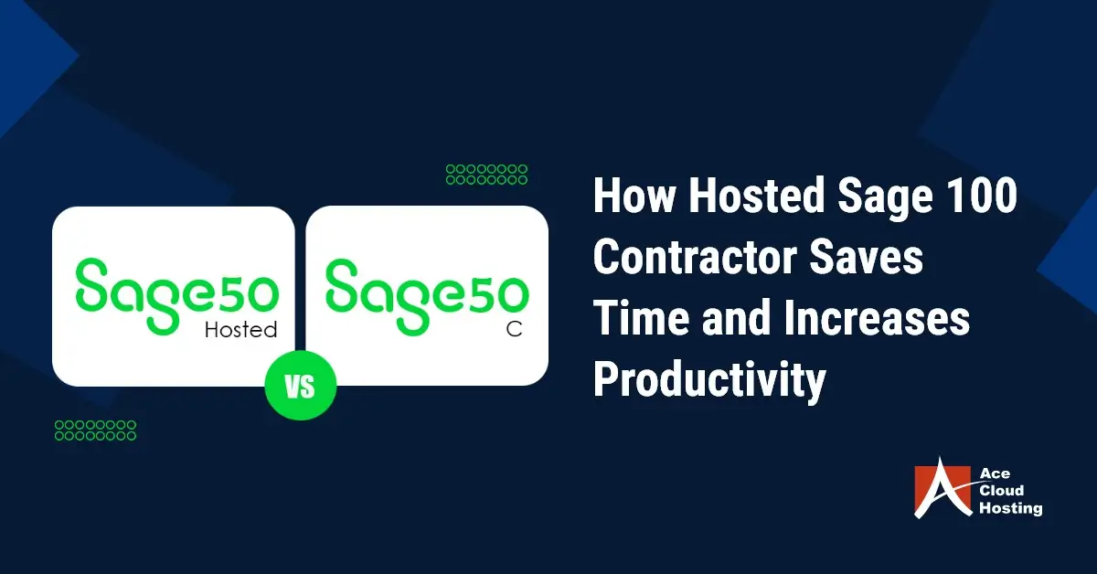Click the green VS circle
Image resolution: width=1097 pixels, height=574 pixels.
pos(300,386)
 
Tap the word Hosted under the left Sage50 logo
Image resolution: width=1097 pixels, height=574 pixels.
pos(240,330)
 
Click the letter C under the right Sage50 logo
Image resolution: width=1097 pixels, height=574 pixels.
pos(514,329)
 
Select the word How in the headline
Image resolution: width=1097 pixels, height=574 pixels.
pos(634,196)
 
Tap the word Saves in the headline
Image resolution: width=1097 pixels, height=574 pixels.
pos(866,257)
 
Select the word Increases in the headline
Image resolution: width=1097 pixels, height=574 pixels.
pos(877,318)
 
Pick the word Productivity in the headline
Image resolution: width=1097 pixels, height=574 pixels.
pos(709,381)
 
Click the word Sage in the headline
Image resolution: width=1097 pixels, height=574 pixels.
pos(886,197)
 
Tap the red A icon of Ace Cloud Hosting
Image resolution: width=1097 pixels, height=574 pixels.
pos(942,488)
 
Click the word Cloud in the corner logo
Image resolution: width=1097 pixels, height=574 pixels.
pos(1002,490)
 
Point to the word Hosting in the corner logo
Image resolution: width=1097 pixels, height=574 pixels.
pos(1011,508)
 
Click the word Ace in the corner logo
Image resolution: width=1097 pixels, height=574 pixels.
pos(995,473)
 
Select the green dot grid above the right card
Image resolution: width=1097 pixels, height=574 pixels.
pos(486,175)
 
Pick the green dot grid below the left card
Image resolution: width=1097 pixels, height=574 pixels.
pos(95,430)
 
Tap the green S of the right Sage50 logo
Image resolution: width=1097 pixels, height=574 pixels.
pos(342,286)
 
